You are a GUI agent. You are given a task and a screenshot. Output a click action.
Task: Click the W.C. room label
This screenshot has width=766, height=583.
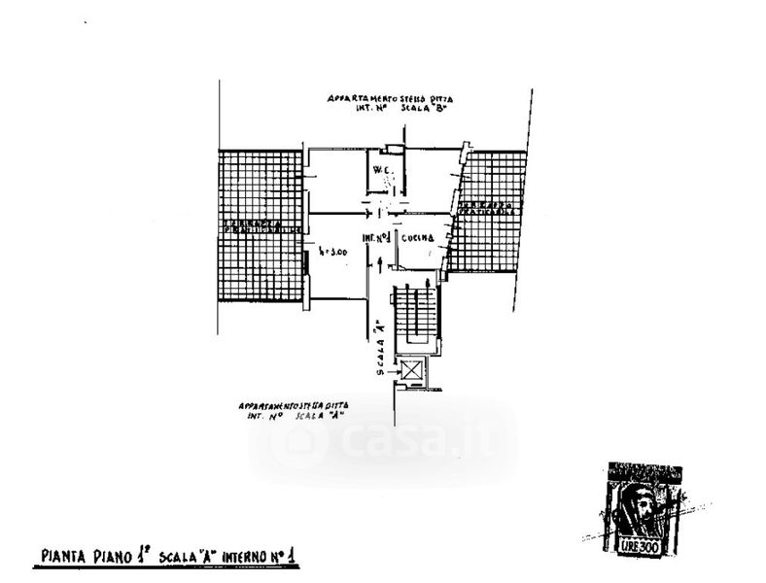380,174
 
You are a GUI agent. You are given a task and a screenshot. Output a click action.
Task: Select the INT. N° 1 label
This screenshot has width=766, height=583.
376,237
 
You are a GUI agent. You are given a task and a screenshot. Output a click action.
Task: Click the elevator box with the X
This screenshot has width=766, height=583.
412,370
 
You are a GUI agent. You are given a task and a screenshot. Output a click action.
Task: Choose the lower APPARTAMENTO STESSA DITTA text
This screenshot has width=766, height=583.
293,403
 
